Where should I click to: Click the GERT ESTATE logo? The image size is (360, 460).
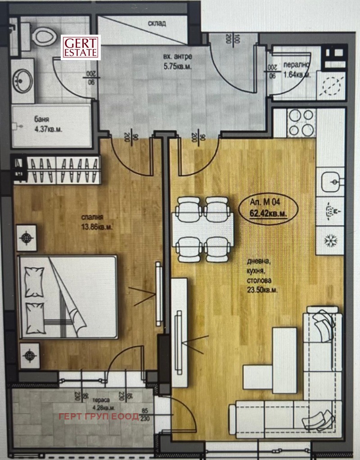click(x=81, y=47)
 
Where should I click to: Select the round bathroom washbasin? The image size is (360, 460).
click(x=22, y=81)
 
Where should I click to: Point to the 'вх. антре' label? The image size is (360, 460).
click(x=177, y=57)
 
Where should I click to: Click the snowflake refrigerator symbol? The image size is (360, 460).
click(x=331, y=241)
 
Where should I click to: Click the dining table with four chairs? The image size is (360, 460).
click(x=203, y=229)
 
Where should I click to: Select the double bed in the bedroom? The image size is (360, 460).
click(x=67, y=296)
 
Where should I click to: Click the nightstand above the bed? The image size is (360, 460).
click(x=27, y=237)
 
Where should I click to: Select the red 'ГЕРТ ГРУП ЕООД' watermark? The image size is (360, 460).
click(x=99, y=416)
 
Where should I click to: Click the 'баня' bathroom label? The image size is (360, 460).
click(x=41, y=120)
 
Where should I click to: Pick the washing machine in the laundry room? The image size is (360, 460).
click(x=332, y=86)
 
